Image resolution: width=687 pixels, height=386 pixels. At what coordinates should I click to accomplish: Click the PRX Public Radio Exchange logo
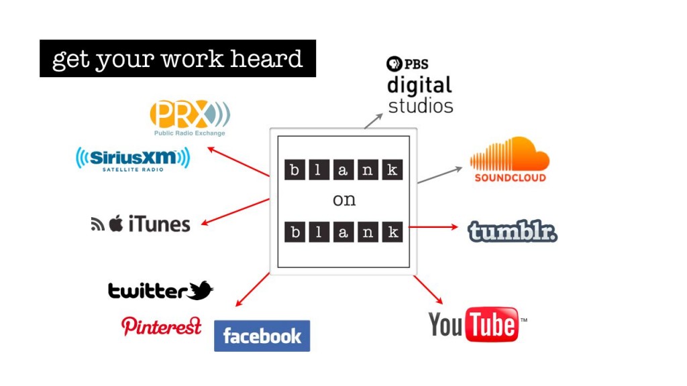(190, 118)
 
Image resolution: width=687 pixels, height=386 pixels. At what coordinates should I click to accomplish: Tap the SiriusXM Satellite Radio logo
(133, 159)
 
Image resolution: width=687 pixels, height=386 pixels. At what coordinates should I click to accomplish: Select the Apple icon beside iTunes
(116, 223)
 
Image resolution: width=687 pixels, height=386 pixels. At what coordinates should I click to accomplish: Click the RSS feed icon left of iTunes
(97, 224)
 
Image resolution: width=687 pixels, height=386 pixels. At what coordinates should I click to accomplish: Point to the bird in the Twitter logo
(200, 290)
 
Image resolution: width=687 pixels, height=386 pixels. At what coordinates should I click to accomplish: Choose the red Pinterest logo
(161, 326)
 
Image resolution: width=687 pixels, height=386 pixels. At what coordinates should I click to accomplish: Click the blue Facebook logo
(262, 336)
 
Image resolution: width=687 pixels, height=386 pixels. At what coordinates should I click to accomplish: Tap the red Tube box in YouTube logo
(492, 324)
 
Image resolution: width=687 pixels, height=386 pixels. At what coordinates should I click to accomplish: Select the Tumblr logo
(512, 231)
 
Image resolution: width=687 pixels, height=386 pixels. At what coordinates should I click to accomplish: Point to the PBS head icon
(394, 64)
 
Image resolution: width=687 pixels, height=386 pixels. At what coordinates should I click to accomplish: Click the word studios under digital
(421, 106)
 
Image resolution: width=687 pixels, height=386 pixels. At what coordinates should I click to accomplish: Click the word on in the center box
(344, 200)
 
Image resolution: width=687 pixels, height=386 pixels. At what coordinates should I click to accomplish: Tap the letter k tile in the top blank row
(392, 170)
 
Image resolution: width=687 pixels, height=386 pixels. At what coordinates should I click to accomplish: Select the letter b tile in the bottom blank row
(295, 232)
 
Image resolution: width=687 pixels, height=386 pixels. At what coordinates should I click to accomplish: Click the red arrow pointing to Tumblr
(433, 227)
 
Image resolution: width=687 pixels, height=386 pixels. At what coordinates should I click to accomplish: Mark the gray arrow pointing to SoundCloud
(440, 175)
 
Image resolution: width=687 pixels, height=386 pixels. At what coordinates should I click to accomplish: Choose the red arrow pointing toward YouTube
(427, 289)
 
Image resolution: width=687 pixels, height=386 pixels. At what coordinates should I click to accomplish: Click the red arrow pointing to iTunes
(235, 212)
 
